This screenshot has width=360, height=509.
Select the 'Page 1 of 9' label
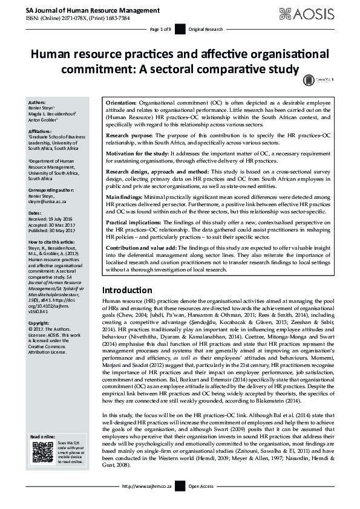[162, 29]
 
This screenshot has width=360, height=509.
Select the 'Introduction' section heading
[128, 290]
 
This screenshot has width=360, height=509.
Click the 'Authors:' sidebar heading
[37, 103]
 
